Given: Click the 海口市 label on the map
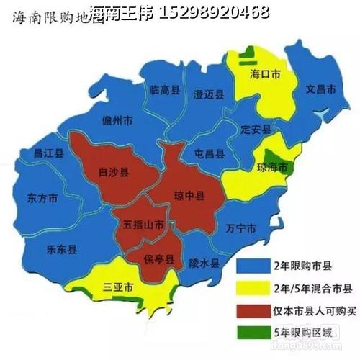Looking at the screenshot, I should pos(264,73).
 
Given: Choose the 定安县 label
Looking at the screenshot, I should pos(256,130).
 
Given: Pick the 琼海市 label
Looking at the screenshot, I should pos(272,168).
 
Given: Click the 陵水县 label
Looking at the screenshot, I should pos(204,264).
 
